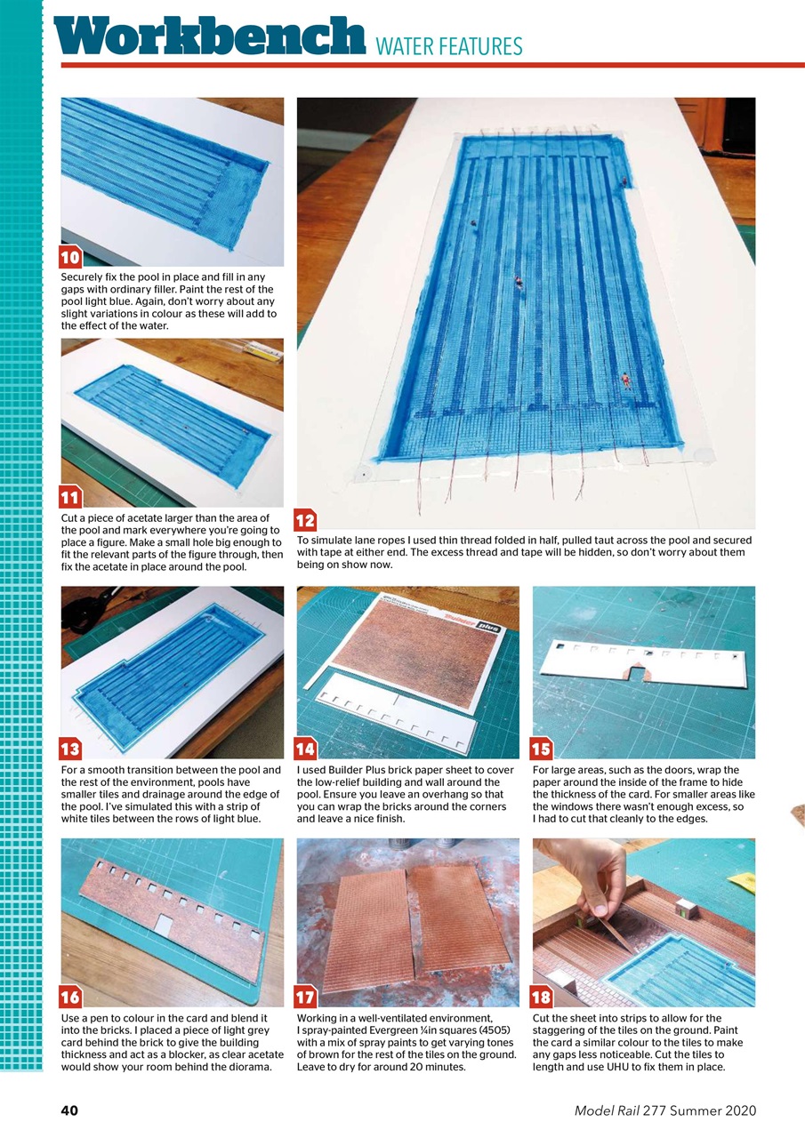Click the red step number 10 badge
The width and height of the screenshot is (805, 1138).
(x=71, y=258)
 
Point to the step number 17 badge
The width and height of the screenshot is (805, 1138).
(x=306, y=998)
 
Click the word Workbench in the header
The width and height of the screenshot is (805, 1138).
(x=210, y=37)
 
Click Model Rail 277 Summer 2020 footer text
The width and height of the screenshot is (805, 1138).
(x=664, y=1110)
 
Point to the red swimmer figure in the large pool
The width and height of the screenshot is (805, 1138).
(x=625, y=381)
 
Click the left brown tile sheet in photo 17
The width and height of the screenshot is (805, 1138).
(x=366, y=930)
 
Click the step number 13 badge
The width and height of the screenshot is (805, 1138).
(x=71, y=749)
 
